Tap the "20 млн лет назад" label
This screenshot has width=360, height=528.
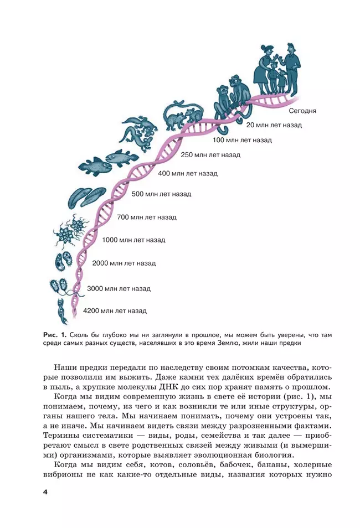pos(274,125)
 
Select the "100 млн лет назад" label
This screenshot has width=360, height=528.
pos(242,140)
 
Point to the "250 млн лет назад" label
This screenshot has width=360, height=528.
pos(210,155)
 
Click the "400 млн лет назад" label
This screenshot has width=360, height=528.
pos(187,173)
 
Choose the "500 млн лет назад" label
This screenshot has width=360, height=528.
pos(161,194)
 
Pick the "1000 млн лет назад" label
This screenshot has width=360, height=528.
pos(133,240)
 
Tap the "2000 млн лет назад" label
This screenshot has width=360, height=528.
pos(124,263)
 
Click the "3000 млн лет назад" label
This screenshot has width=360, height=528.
pos(119,288)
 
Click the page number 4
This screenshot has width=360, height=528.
pos(45,492)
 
